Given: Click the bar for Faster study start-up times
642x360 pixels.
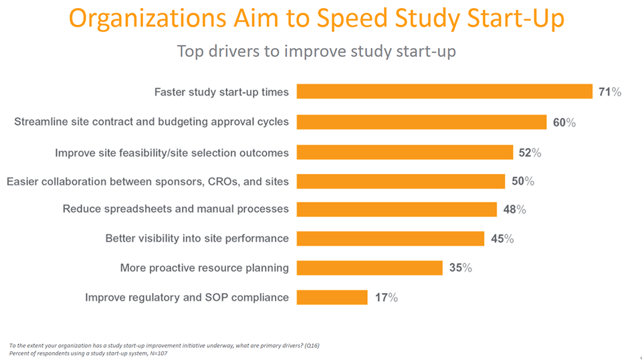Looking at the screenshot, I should (x=444, y=92).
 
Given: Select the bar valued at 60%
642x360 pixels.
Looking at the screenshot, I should (x=421, y=122).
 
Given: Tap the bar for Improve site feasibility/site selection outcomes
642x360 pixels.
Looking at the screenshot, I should (x=405, y=153).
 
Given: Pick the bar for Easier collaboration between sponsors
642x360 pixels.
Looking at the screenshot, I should (x=401, y=181).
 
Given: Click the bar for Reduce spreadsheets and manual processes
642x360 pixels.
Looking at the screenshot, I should (x=397, y=209).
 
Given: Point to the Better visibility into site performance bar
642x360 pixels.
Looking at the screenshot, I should (x=390, y=238).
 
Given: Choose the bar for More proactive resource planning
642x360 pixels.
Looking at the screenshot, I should (x=369, y=268).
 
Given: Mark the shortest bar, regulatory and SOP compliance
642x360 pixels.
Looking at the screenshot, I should (x=332, y=297).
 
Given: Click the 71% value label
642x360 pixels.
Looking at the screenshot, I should (x=609, y=92).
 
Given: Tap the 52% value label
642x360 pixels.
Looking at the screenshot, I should (x=530, y=153).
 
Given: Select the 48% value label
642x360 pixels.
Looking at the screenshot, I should (x=514, y=209).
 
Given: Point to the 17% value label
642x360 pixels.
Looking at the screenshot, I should (x=386, y=298).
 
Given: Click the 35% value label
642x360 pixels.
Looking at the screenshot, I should (x=460, y=268).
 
